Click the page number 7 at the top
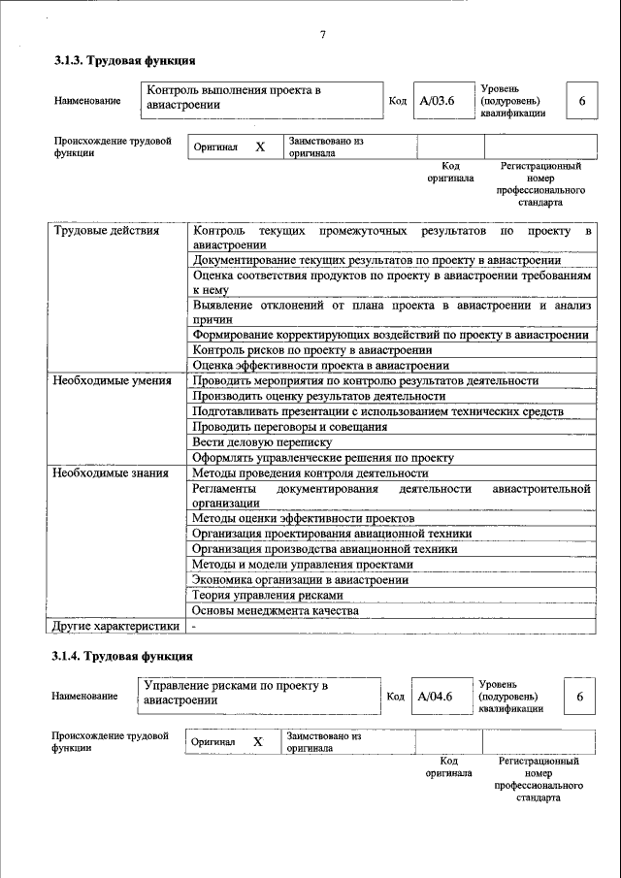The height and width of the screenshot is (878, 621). (322, 36)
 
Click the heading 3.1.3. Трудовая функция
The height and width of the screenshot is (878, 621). (117, 61)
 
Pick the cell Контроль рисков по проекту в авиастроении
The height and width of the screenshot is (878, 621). (311, 350)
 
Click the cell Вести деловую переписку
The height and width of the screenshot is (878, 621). (262, 442)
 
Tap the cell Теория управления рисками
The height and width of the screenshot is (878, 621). (267, 596)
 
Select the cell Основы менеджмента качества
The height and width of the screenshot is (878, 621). (275, 611)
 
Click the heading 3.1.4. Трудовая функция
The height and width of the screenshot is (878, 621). (116, 657)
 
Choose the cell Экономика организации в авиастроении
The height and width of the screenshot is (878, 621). (300, 580)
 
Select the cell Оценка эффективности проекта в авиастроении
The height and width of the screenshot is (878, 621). (320, 366)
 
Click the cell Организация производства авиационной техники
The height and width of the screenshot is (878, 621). (324, 549)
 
